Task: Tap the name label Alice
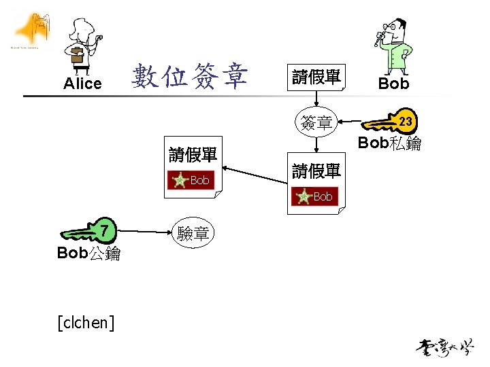click(x=82, y=84)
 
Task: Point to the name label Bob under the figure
click(x=393, y=84)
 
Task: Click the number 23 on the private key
click(x=406, y=122)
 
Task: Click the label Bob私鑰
click(x=389, y=143)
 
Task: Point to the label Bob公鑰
click(x=89, y=254)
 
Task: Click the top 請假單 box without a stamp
click(x=316, y=77)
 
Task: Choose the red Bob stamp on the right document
click(x=315, y=196)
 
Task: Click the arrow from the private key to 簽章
click(x=351, y=123)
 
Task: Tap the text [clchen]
click(x=86, y=321)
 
